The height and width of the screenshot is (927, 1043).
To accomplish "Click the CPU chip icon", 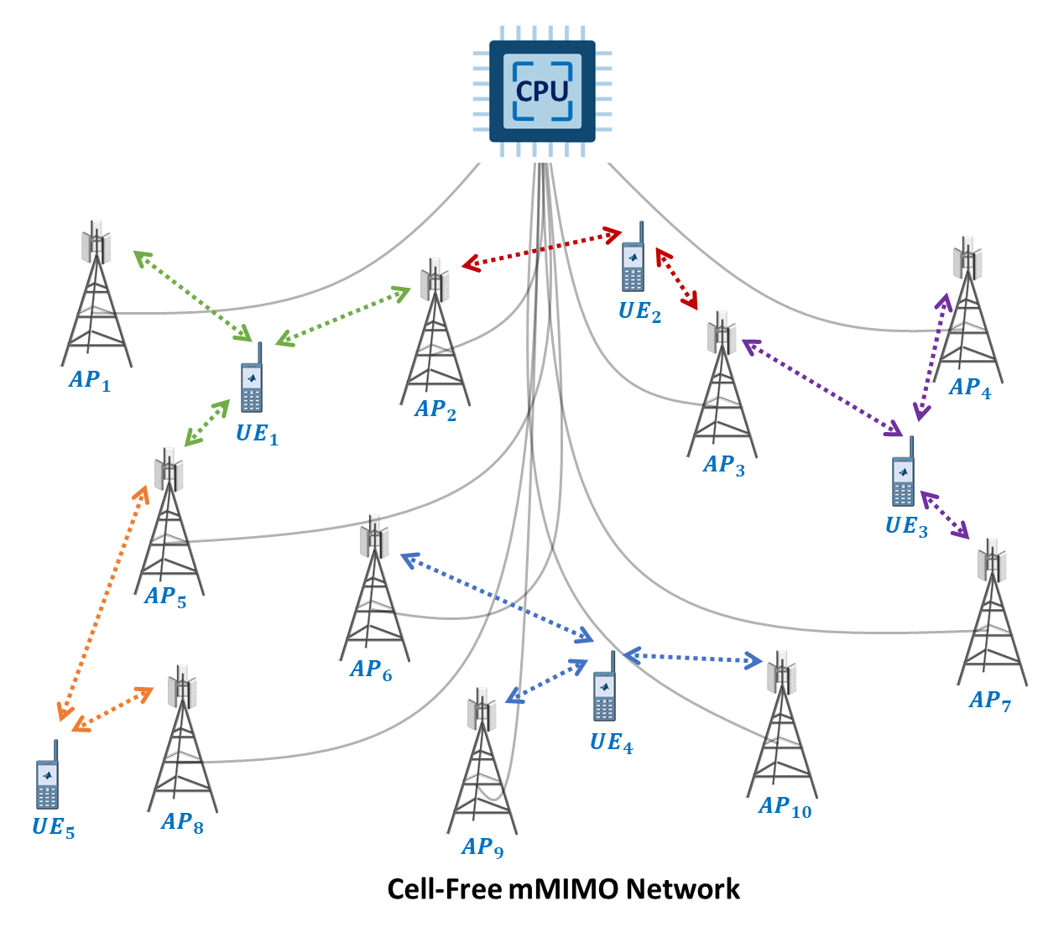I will pyautogui.click(x=542, y=91).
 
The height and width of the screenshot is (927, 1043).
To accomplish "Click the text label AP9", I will pyautogui.click(x=482, y=847).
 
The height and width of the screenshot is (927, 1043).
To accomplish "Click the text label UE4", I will pyautogui.click(x=611, y=742).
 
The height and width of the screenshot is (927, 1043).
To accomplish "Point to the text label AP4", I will pyautogui.click(x=970, y=388).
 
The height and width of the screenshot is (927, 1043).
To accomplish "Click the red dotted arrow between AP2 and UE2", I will pyautogui.click(x=541, y=249).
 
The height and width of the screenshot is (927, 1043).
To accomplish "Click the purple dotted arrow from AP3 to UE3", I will pyautogui.click(x=822, y=388).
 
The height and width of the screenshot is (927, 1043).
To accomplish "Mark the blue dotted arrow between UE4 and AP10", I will pyautogui.click(x=692, y=659).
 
